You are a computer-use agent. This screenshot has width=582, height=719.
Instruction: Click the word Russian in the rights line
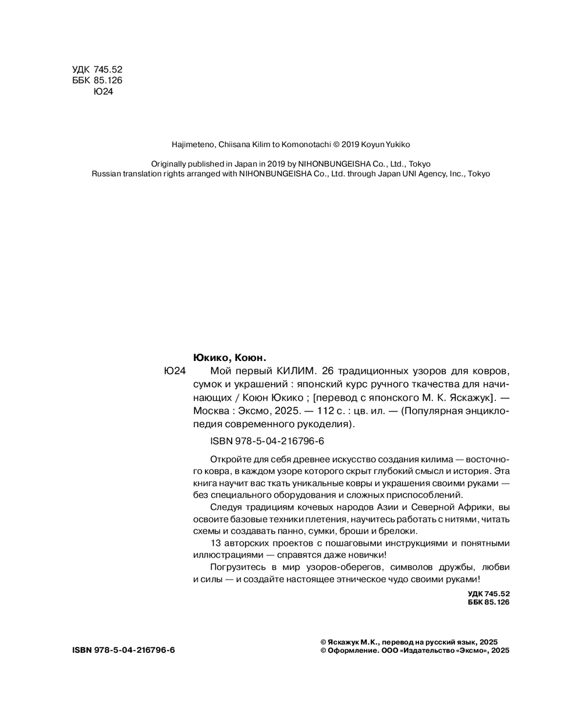tap(106, 173)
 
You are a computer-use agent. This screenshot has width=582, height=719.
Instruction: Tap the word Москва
tap(208, 411)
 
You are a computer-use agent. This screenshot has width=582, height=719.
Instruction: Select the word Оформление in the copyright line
tap(350, 651)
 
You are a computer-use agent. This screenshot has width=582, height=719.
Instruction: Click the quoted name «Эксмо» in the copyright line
tap(470, 651)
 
